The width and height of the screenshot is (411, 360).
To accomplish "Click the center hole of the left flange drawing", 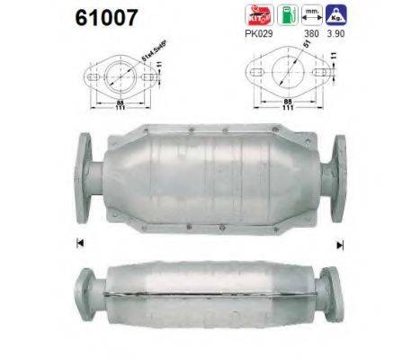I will pyautogui.click(x=123, y=76).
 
